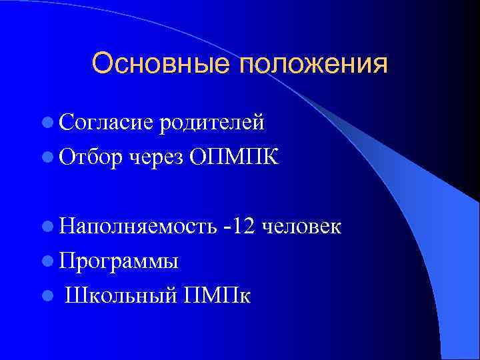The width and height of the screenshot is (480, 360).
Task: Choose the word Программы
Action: [x=118, y=261]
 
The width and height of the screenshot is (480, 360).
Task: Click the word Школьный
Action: [x=119, y=296]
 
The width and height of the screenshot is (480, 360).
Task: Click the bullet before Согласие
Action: [x=46, y=122]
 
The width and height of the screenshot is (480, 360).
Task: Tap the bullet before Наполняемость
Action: [x=46, y=226]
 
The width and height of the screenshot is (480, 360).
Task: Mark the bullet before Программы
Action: [x=46, y=261]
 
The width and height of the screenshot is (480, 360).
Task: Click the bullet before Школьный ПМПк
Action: [x=46, y=295]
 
